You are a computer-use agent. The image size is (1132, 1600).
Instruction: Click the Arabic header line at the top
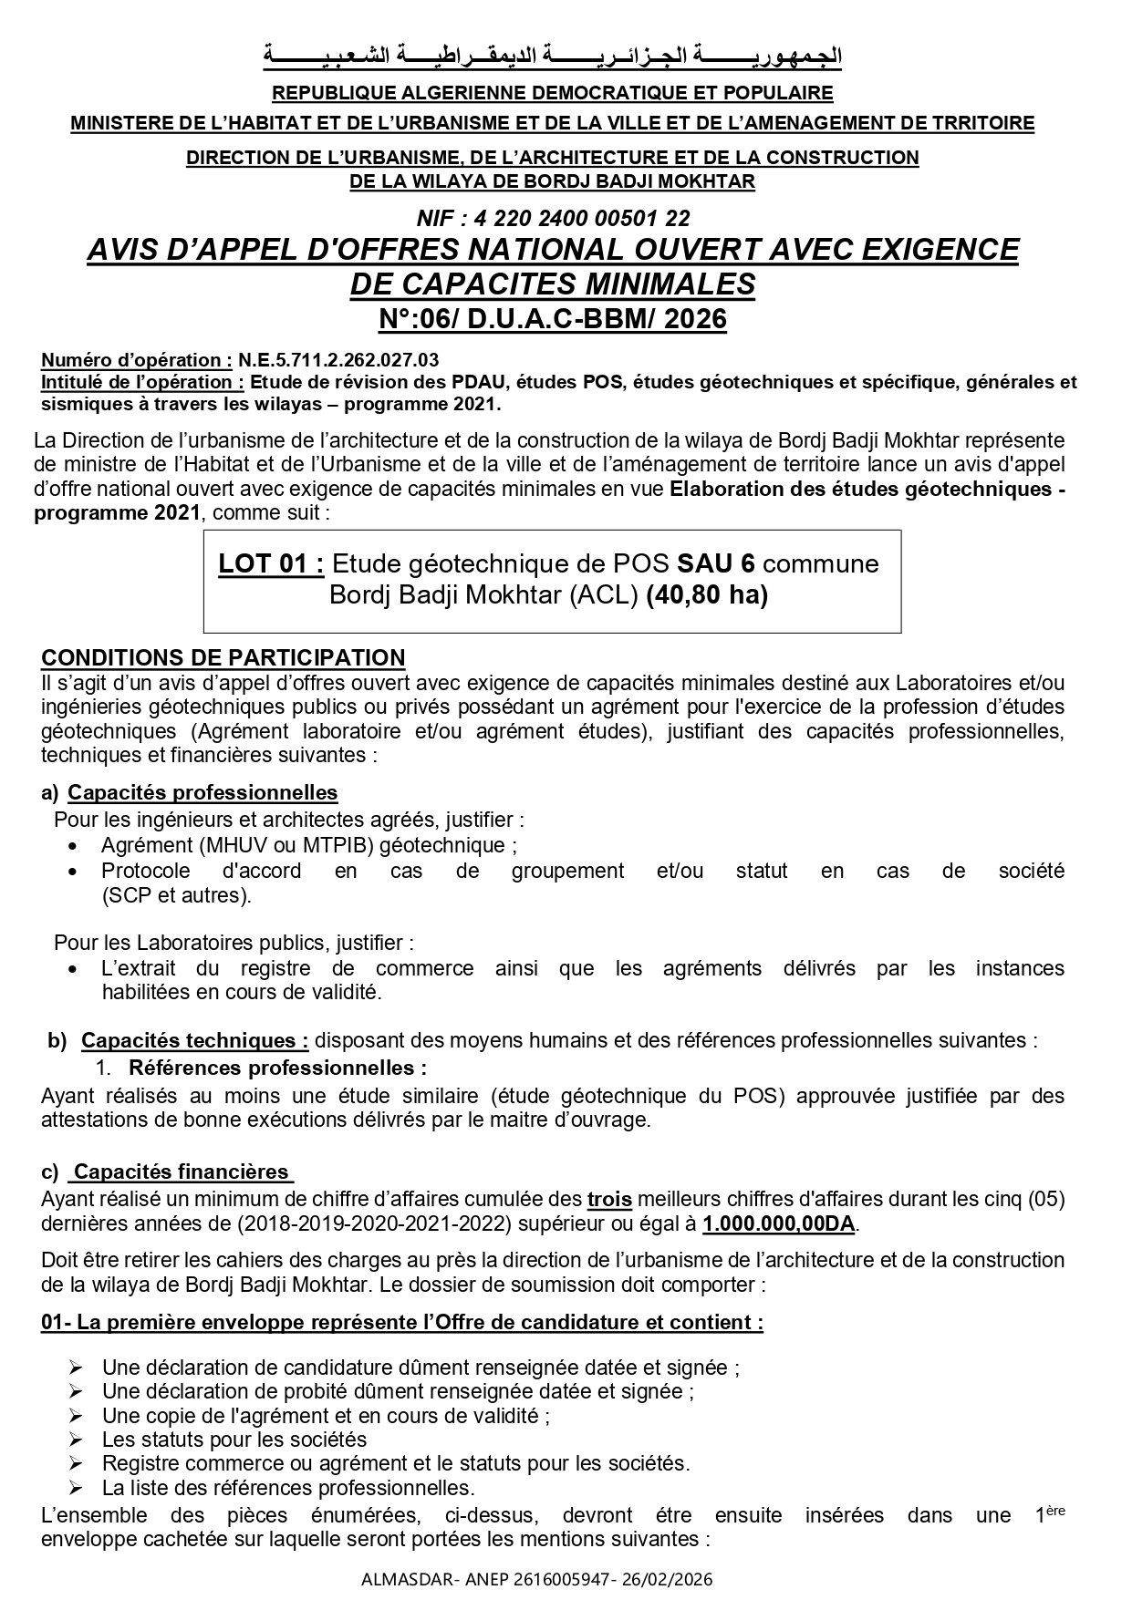[553, 57]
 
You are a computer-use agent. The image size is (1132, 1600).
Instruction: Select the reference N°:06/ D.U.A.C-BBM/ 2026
[553, 319]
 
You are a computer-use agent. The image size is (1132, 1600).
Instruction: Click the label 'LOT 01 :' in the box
[271, 564]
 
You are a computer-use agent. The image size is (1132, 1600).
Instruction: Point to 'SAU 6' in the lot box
[716, 564]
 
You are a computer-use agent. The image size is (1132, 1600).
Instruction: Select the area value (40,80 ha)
[706, 595]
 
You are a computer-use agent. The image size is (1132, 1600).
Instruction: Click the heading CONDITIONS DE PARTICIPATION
[223, 658]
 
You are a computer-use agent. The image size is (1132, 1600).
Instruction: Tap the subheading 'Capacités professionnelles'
[203, 792]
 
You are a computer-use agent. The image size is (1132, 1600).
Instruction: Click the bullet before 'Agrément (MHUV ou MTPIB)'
[74, 846]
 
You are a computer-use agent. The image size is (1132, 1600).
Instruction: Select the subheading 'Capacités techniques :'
[194, 1040]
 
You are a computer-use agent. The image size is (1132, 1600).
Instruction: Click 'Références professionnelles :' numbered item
[277, 1067]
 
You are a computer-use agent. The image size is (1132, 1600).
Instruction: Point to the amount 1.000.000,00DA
[779, 1223]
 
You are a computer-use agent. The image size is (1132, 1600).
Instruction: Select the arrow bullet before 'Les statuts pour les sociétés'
[76, 1440]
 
